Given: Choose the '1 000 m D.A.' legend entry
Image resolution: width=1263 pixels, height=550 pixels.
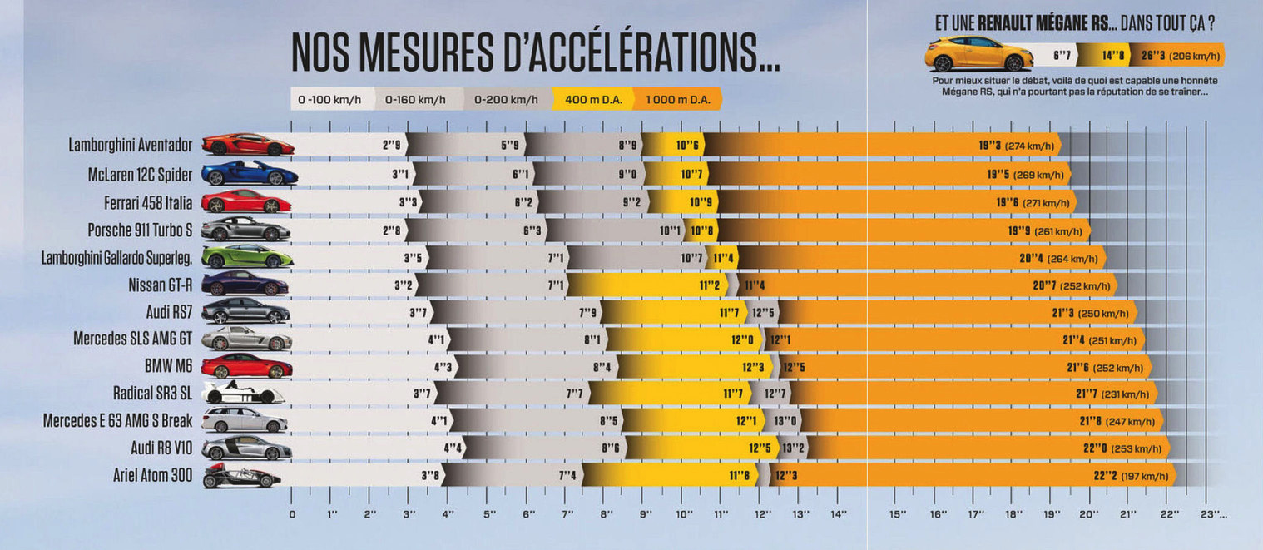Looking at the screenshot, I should click(x=677, y=100).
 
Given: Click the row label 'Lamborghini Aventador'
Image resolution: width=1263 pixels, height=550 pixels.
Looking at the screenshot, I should click(x=131, y=145).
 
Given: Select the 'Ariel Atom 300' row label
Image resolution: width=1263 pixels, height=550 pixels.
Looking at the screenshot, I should click(x=153, y=476).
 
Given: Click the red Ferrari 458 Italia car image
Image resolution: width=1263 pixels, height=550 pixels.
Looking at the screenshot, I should click(x=245, y=201).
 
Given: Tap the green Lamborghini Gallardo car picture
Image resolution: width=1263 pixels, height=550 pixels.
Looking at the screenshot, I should click(x=247, y=257).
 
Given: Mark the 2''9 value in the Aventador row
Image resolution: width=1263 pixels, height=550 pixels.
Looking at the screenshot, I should click(x=392, y=145).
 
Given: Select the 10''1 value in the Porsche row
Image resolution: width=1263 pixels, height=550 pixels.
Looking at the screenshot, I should click(x=670, y=230).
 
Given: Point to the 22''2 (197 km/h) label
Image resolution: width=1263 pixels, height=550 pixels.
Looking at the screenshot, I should click(x=1131, y=477).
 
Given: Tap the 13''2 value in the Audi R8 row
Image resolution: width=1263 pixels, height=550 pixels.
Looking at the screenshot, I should click(x=793, y=448).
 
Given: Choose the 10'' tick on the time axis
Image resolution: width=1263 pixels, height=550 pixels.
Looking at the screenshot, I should click(x=684, y=513).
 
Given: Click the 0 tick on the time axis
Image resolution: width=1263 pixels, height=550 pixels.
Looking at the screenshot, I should click(x=291, y=513).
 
